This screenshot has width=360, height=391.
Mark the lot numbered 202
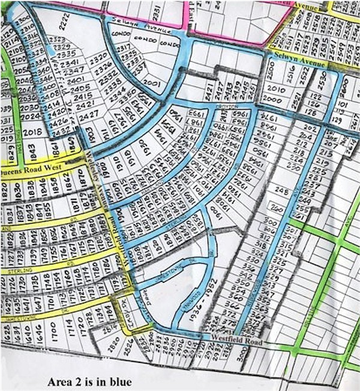(x=310, y=127)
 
